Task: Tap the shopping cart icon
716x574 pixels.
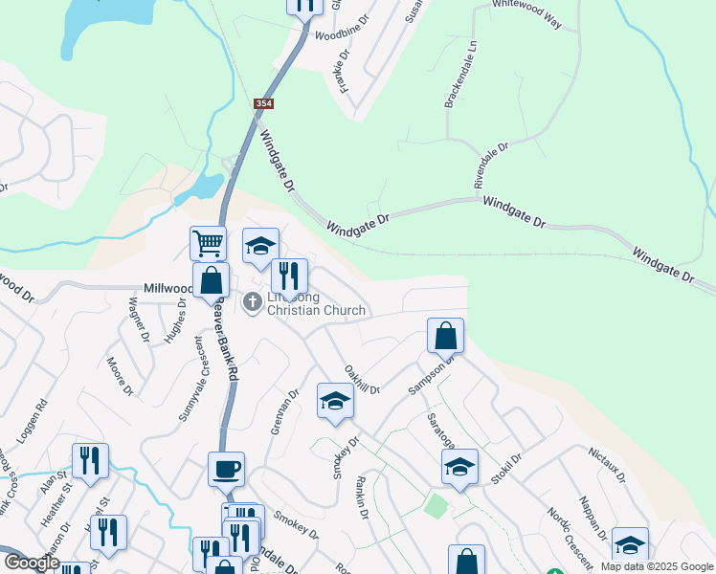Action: click(208, 243)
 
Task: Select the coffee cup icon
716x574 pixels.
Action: click(226, 470)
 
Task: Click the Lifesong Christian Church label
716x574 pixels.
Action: click(316, 304)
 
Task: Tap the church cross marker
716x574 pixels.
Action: click(253, 303)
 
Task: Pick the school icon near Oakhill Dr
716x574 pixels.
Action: click(335, 401)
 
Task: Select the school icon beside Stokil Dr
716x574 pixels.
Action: click(459, 468)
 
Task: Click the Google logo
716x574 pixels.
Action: click(32, 563)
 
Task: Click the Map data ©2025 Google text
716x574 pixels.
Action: click(656, 566)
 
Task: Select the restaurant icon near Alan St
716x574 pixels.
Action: click(90, 460)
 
